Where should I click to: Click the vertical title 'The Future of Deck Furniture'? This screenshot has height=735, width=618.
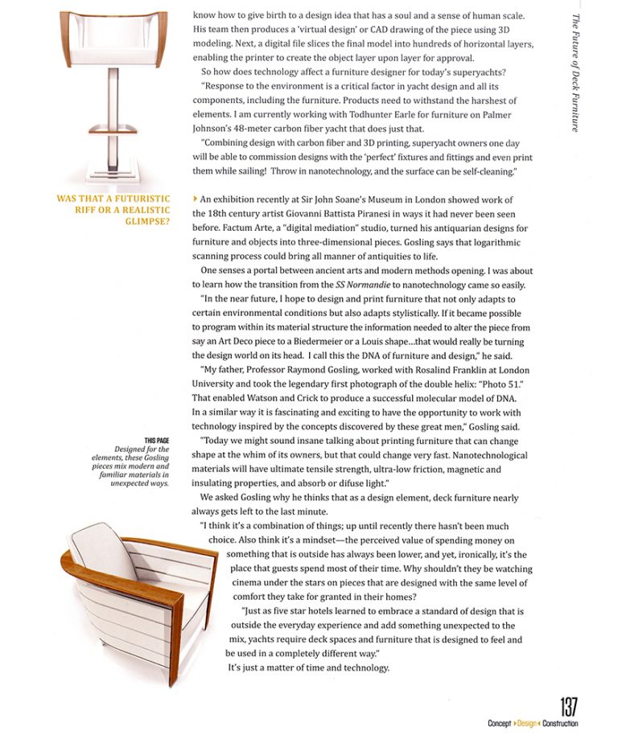[575, 72]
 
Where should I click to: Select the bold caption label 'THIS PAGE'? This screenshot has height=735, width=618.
[157, 440]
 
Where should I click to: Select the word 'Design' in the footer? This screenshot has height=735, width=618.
[527, 724]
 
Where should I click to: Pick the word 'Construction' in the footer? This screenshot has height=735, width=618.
[560, 724]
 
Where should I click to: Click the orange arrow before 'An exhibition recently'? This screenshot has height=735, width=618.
[196, 199]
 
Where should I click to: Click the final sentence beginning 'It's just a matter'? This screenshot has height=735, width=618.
[308, 667]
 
